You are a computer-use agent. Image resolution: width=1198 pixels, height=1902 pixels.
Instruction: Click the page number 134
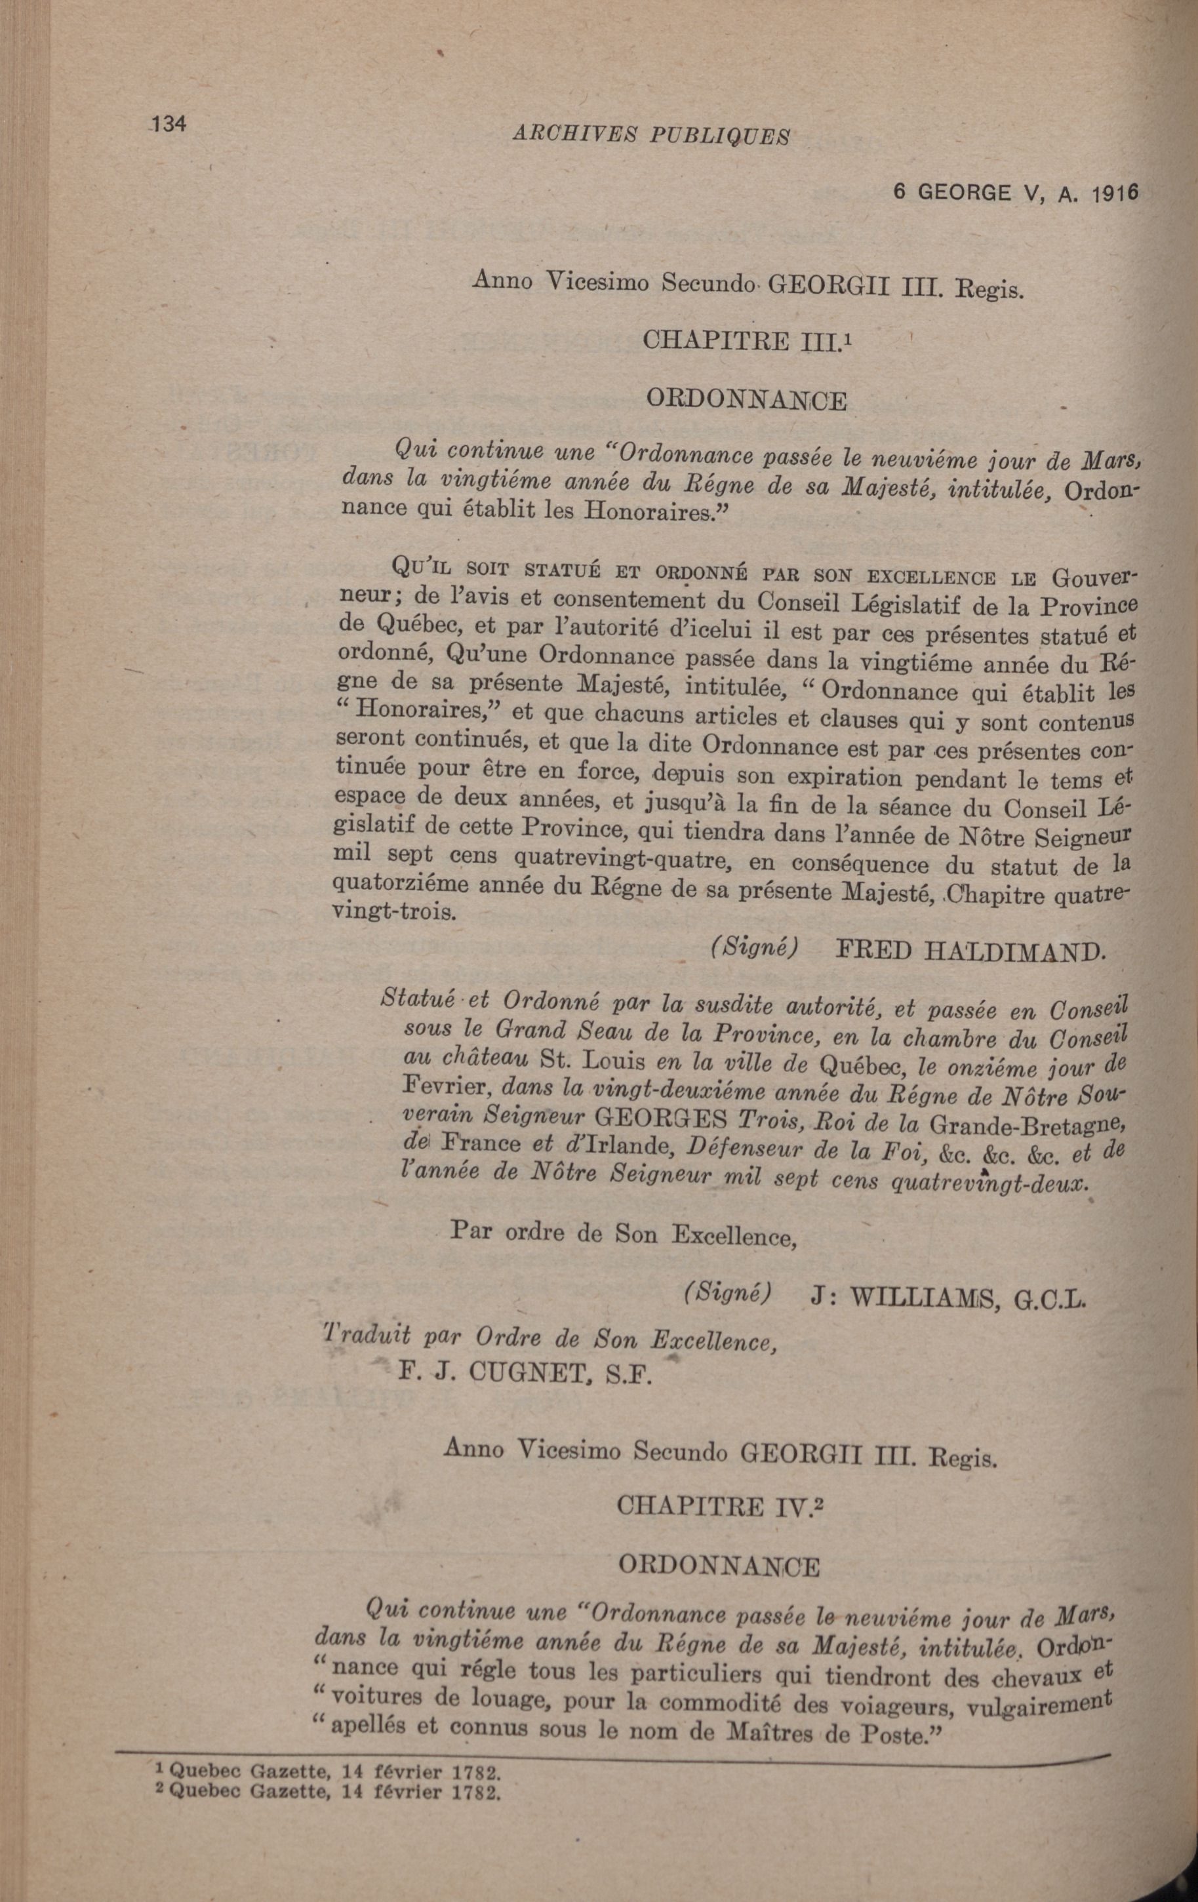(167, 124)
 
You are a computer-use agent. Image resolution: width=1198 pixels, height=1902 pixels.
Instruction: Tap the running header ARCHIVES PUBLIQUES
(650, 135)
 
